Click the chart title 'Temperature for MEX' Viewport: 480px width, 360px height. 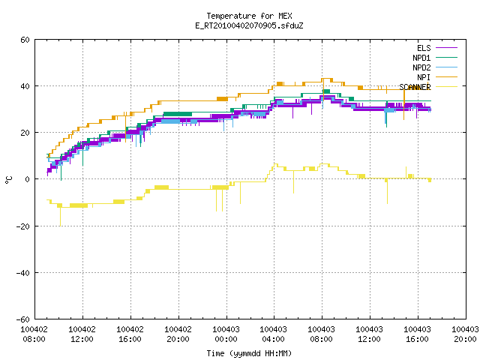(249, 16)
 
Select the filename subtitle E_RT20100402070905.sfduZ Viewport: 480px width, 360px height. (249, 25)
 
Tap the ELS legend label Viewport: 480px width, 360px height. (424, 48)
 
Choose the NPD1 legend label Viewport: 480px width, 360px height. (421, 58)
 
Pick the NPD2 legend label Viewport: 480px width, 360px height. (421, 67)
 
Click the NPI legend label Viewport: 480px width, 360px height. (424, 77)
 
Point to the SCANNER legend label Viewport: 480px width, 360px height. (415, 87)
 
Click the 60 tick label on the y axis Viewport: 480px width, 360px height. (25, 40)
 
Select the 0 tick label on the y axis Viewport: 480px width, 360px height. (28, 179)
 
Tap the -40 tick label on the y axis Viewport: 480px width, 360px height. (23, 273)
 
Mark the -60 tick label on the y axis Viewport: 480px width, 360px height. (23, 319)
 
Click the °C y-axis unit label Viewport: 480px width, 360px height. (8, 180)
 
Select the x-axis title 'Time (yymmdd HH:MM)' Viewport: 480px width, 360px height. (249, 353)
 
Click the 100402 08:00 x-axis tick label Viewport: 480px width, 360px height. (34, 334)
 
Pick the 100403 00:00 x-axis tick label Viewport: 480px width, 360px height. (226, 334)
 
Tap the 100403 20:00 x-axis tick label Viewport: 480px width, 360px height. (465, 334)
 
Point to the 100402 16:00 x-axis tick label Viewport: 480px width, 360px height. (130, 334)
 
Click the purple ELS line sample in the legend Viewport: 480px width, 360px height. (446, 48)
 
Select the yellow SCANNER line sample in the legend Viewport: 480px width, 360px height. (446, 87)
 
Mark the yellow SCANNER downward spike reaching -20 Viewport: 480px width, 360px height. (60, 217)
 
